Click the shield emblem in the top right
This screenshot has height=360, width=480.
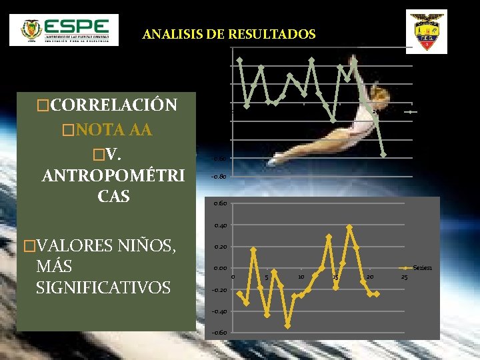tap(426, 31)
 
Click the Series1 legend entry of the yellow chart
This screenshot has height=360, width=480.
tap(422, 267)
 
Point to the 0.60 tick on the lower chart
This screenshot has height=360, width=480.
tap(220, 203)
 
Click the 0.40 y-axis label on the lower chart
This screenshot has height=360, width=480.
tap(220, 225)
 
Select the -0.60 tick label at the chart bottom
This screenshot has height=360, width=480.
tap(219, 333)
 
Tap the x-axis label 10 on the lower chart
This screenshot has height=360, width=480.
tap(301, 277)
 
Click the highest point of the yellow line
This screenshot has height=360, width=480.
tap(349, 227)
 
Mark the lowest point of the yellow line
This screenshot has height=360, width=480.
tap(287, 325)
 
